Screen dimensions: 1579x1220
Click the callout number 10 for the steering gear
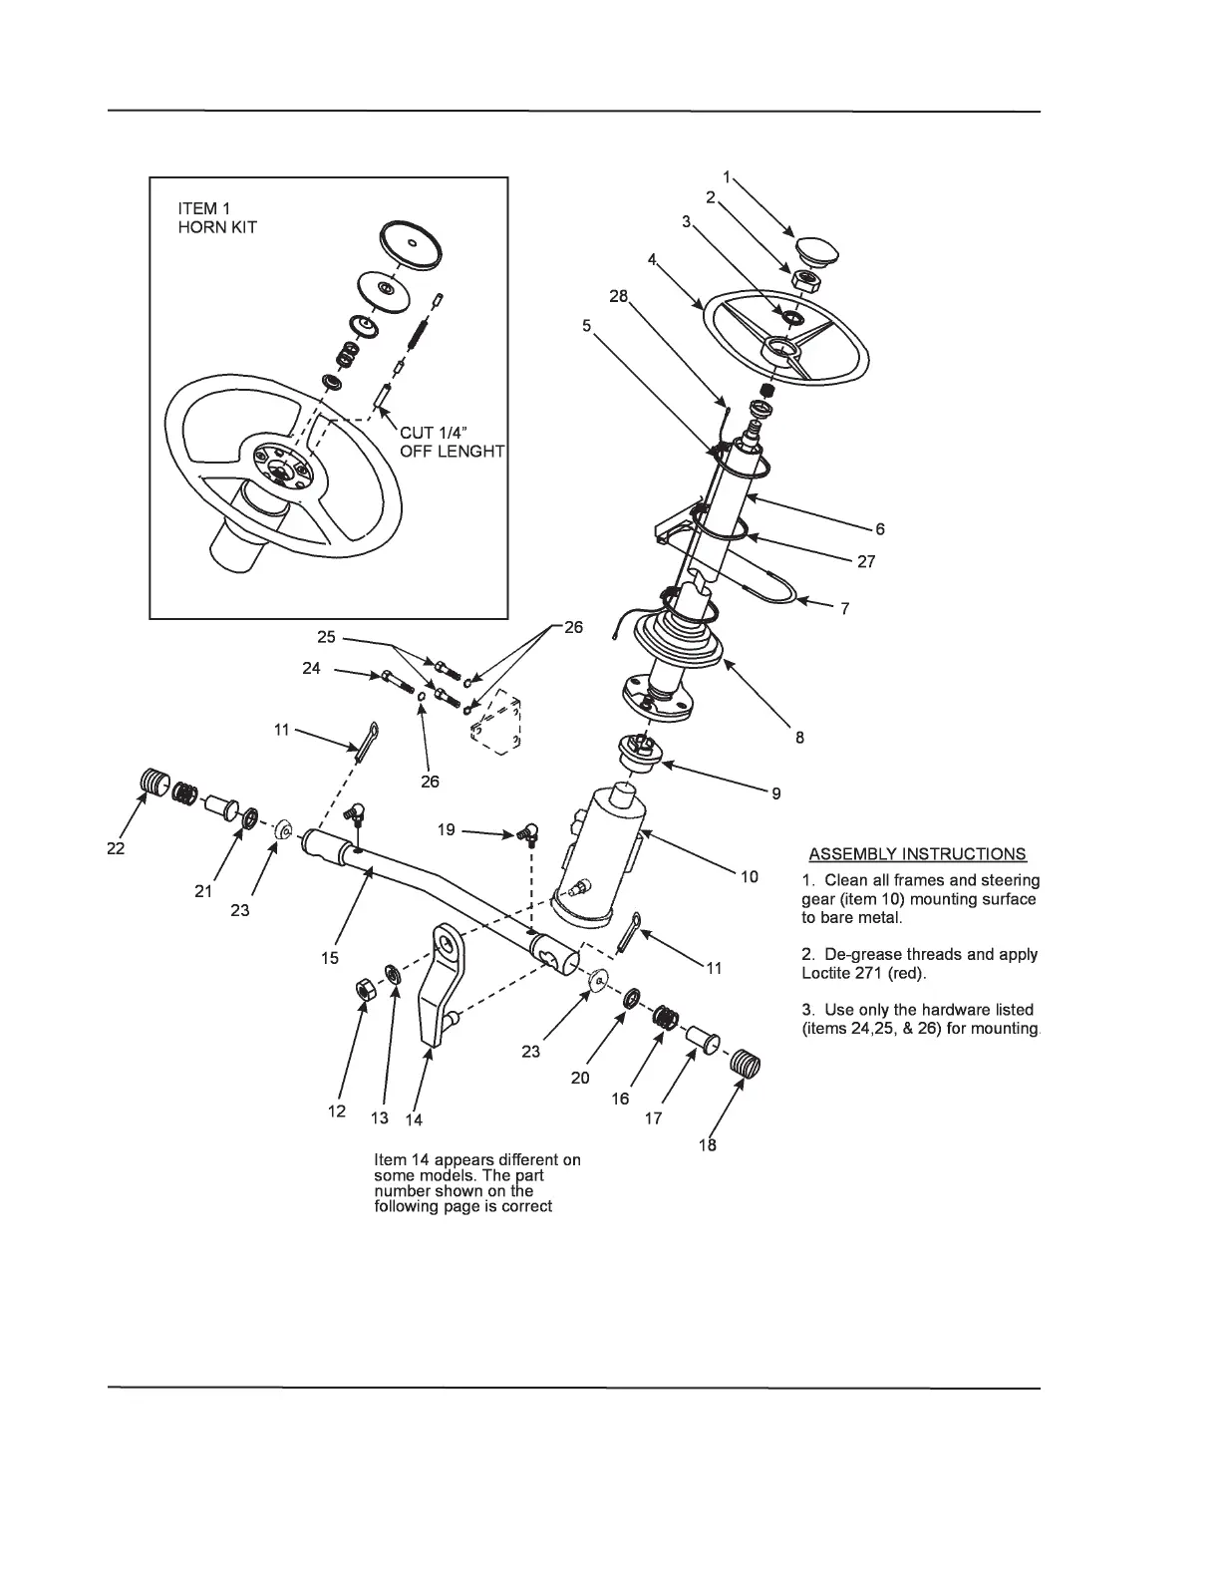point(749,877)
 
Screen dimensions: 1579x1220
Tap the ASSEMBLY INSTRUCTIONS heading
point(917,854)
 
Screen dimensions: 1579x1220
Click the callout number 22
point(118,847)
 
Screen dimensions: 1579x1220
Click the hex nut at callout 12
point(365,989)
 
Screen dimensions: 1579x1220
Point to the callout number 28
point(618,296)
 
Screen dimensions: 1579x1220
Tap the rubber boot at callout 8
point(686,638)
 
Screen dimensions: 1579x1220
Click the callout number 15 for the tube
point(330,958)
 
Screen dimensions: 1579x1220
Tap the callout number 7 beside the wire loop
point(844,608)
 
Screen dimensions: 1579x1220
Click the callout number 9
point(775,793)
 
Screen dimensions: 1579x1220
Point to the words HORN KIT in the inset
point(217,227)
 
